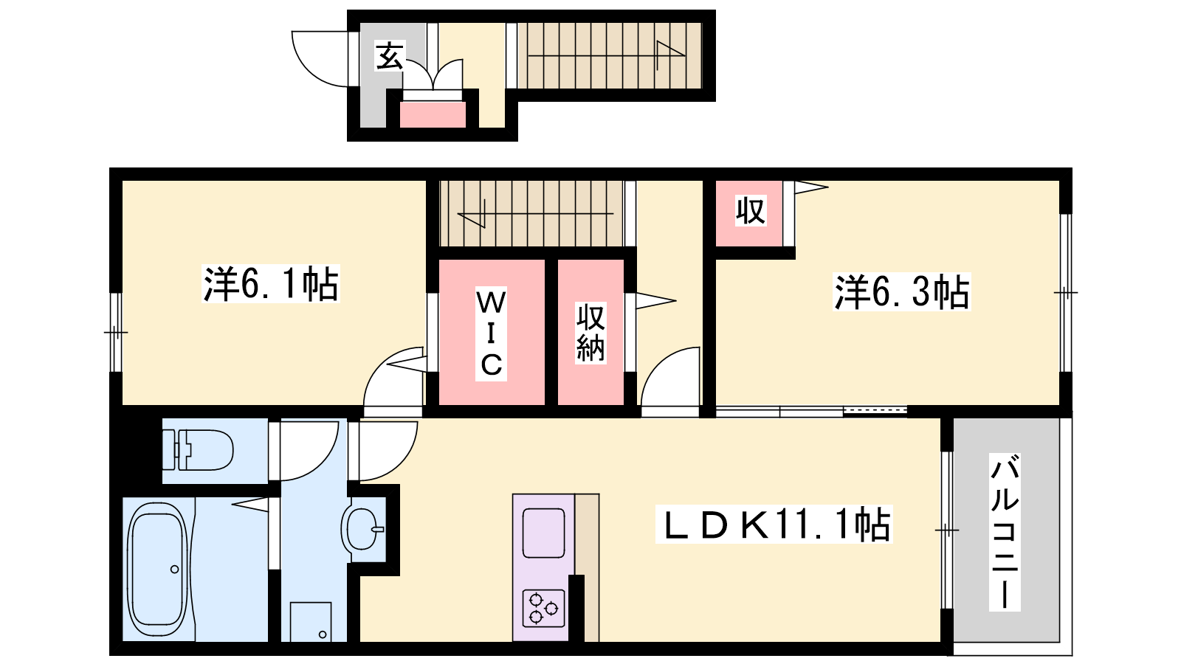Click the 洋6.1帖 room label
point(270,284)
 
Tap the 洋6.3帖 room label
point(901,291)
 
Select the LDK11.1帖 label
point(774,524)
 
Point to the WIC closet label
point(491,333)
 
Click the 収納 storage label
point(590,333)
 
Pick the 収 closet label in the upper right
point(751,211)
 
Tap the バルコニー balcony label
point(1005,532)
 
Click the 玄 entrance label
point(390,55)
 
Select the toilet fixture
point(199,449)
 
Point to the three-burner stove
point(544,608)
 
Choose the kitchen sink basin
point(543,533)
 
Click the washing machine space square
point(311,622)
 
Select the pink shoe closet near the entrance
point(433,114)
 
